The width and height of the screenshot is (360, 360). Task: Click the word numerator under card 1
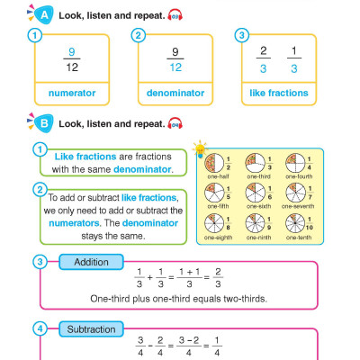(x=71, y=93)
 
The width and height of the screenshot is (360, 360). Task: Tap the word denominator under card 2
(x=175, y=93)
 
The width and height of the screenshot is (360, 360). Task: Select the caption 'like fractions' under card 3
(x=278, y=93)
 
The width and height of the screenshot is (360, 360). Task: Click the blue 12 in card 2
(x=175, y=67)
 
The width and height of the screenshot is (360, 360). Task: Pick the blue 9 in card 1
(x=71, y=52)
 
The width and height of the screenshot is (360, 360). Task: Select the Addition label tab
(x=92, y=262)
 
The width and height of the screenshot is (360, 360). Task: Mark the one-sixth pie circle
(x=255, y=194)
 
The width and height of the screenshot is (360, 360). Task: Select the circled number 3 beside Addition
(x=39, y=263)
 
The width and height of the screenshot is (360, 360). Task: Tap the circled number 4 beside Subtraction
(x=39, y=329)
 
